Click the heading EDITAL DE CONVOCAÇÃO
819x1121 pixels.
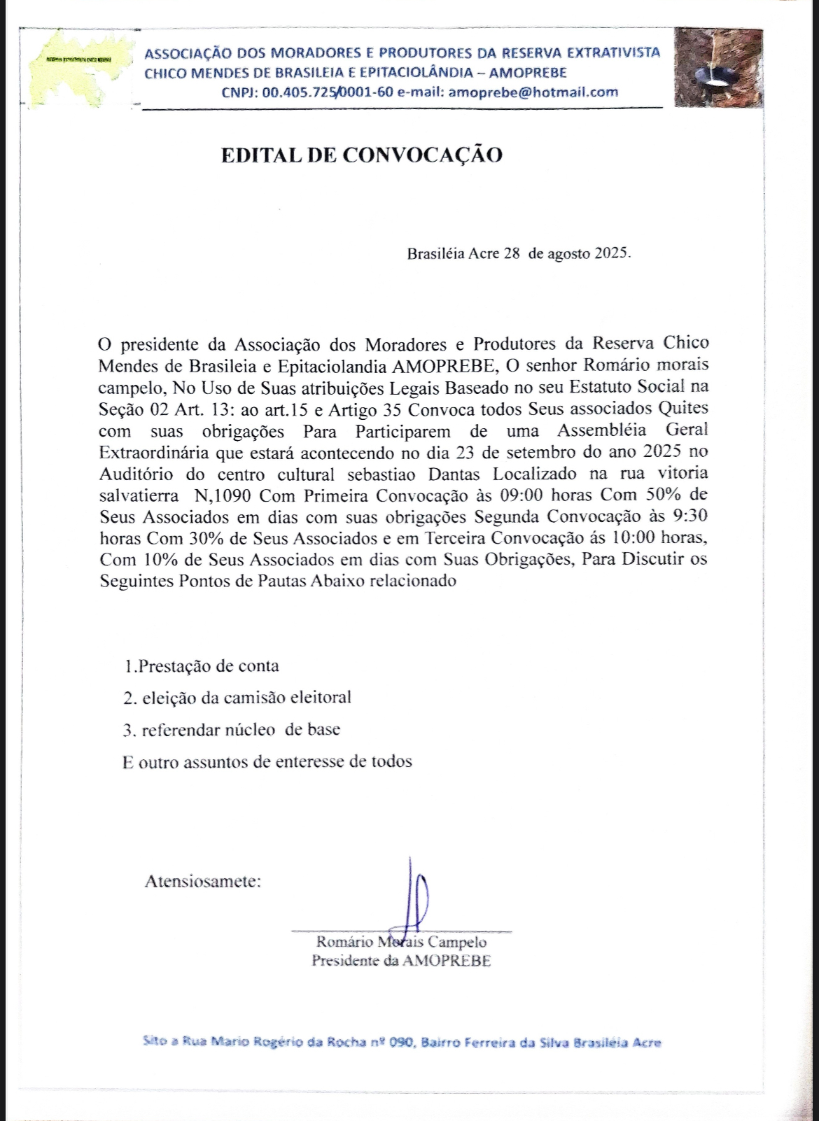point(361,155)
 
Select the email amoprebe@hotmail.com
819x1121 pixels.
point(533,92)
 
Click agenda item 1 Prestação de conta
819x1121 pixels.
point(201,665)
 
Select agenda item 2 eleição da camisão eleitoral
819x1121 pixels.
point(237,698)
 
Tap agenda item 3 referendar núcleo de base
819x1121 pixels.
point(231,730)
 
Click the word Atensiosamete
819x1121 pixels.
point(202,881)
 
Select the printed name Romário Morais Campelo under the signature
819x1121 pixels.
point(401,942)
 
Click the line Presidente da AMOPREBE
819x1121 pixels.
point(401,960)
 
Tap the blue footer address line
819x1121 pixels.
point(401,1042)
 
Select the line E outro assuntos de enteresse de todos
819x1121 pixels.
point(267,762)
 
